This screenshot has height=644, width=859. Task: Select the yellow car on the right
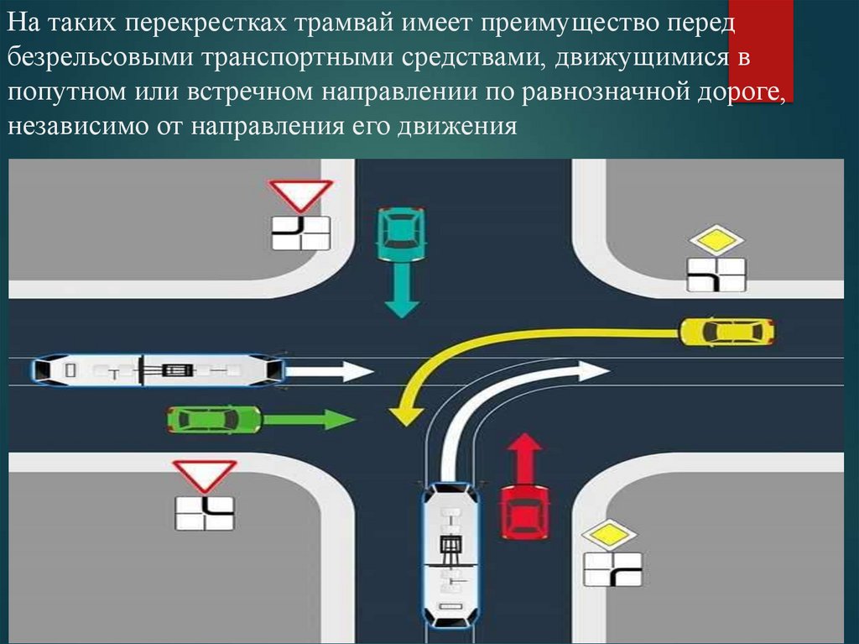pos(726,332)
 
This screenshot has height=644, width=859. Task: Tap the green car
pos(214,418)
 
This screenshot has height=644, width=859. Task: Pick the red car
pos(524,510)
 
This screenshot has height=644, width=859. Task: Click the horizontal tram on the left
pos(158,369)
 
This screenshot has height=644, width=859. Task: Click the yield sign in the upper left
pos(300,195)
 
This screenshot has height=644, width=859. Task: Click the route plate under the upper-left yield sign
pos(300,233)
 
